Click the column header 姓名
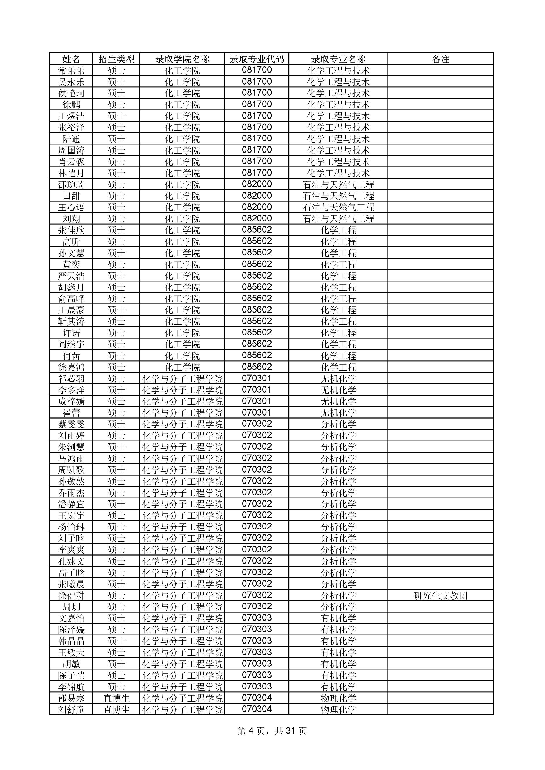(x=71, y=59)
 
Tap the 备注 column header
(x=440, y=59)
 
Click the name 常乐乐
(x=71, y=70)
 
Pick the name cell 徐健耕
(x=71, y=596)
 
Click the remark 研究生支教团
(x=440, y=596)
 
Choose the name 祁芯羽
(x=71, y=379)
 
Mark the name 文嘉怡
(x=71, y=618)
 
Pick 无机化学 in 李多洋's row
(x=338, y=390)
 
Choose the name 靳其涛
(x=71, y=322)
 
